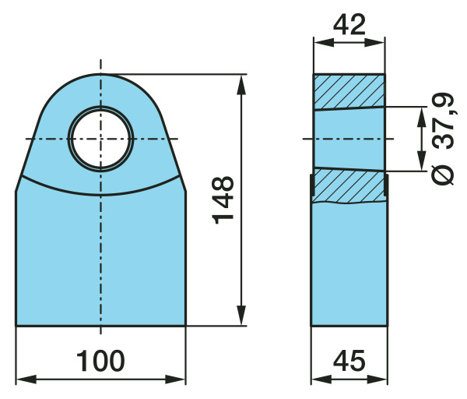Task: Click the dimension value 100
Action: pyautogui.click(x=100, y=361)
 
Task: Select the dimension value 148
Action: pyautogui.click(x=223, y=200)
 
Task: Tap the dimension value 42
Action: pyautogui.click(x=349, y=24)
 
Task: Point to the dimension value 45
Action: pyautogui.click(x=349, y=361)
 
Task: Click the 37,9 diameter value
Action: pyautogui.click(x=443, y=121)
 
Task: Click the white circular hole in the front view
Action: pyautogui.click(x=100, y=139)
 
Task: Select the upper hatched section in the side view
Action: pyautogui.click(x=349, y=91)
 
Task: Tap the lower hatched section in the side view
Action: pyautogui.click(x=349, y=186)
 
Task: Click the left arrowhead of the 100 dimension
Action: pyautogui.click(x=26, y=380)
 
